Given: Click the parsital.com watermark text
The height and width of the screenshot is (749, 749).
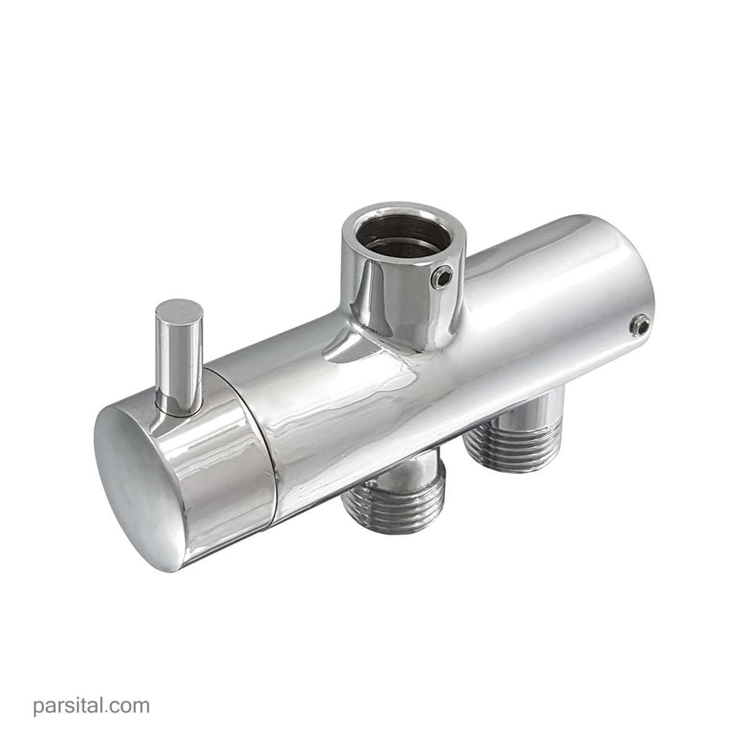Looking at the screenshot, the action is (91, 706).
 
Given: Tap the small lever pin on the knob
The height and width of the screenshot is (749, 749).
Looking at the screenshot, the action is (178, 357).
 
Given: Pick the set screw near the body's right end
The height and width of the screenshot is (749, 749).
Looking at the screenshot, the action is (639, 325).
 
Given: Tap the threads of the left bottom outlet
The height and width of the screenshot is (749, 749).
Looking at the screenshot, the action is (394, 497).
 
